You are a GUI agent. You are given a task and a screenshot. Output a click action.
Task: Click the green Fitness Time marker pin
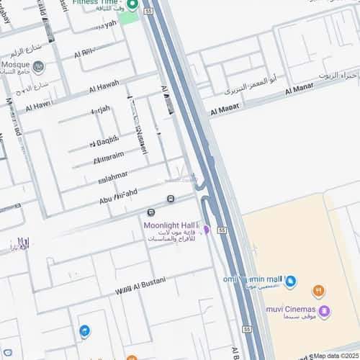click(132, 4)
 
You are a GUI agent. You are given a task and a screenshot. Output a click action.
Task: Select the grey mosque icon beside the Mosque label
click(39, 68)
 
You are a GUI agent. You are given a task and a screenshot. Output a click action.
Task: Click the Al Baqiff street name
click(104, 141)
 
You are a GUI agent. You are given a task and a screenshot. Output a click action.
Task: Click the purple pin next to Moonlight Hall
click(206, 230)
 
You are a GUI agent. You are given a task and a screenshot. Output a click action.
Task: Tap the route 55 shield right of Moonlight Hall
click(222, 230)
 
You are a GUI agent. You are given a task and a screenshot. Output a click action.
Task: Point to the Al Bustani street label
click(141, 285)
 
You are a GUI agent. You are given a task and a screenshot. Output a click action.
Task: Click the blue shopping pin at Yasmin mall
click(291, 282)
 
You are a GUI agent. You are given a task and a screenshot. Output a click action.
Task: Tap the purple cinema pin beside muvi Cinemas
click(325, 312)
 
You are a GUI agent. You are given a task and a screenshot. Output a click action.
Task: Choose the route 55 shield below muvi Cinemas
click(248, 329)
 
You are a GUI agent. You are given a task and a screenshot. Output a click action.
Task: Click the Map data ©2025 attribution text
click(335, 356)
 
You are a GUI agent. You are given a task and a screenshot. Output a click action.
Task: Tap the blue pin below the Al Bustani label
click(85, 331)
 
